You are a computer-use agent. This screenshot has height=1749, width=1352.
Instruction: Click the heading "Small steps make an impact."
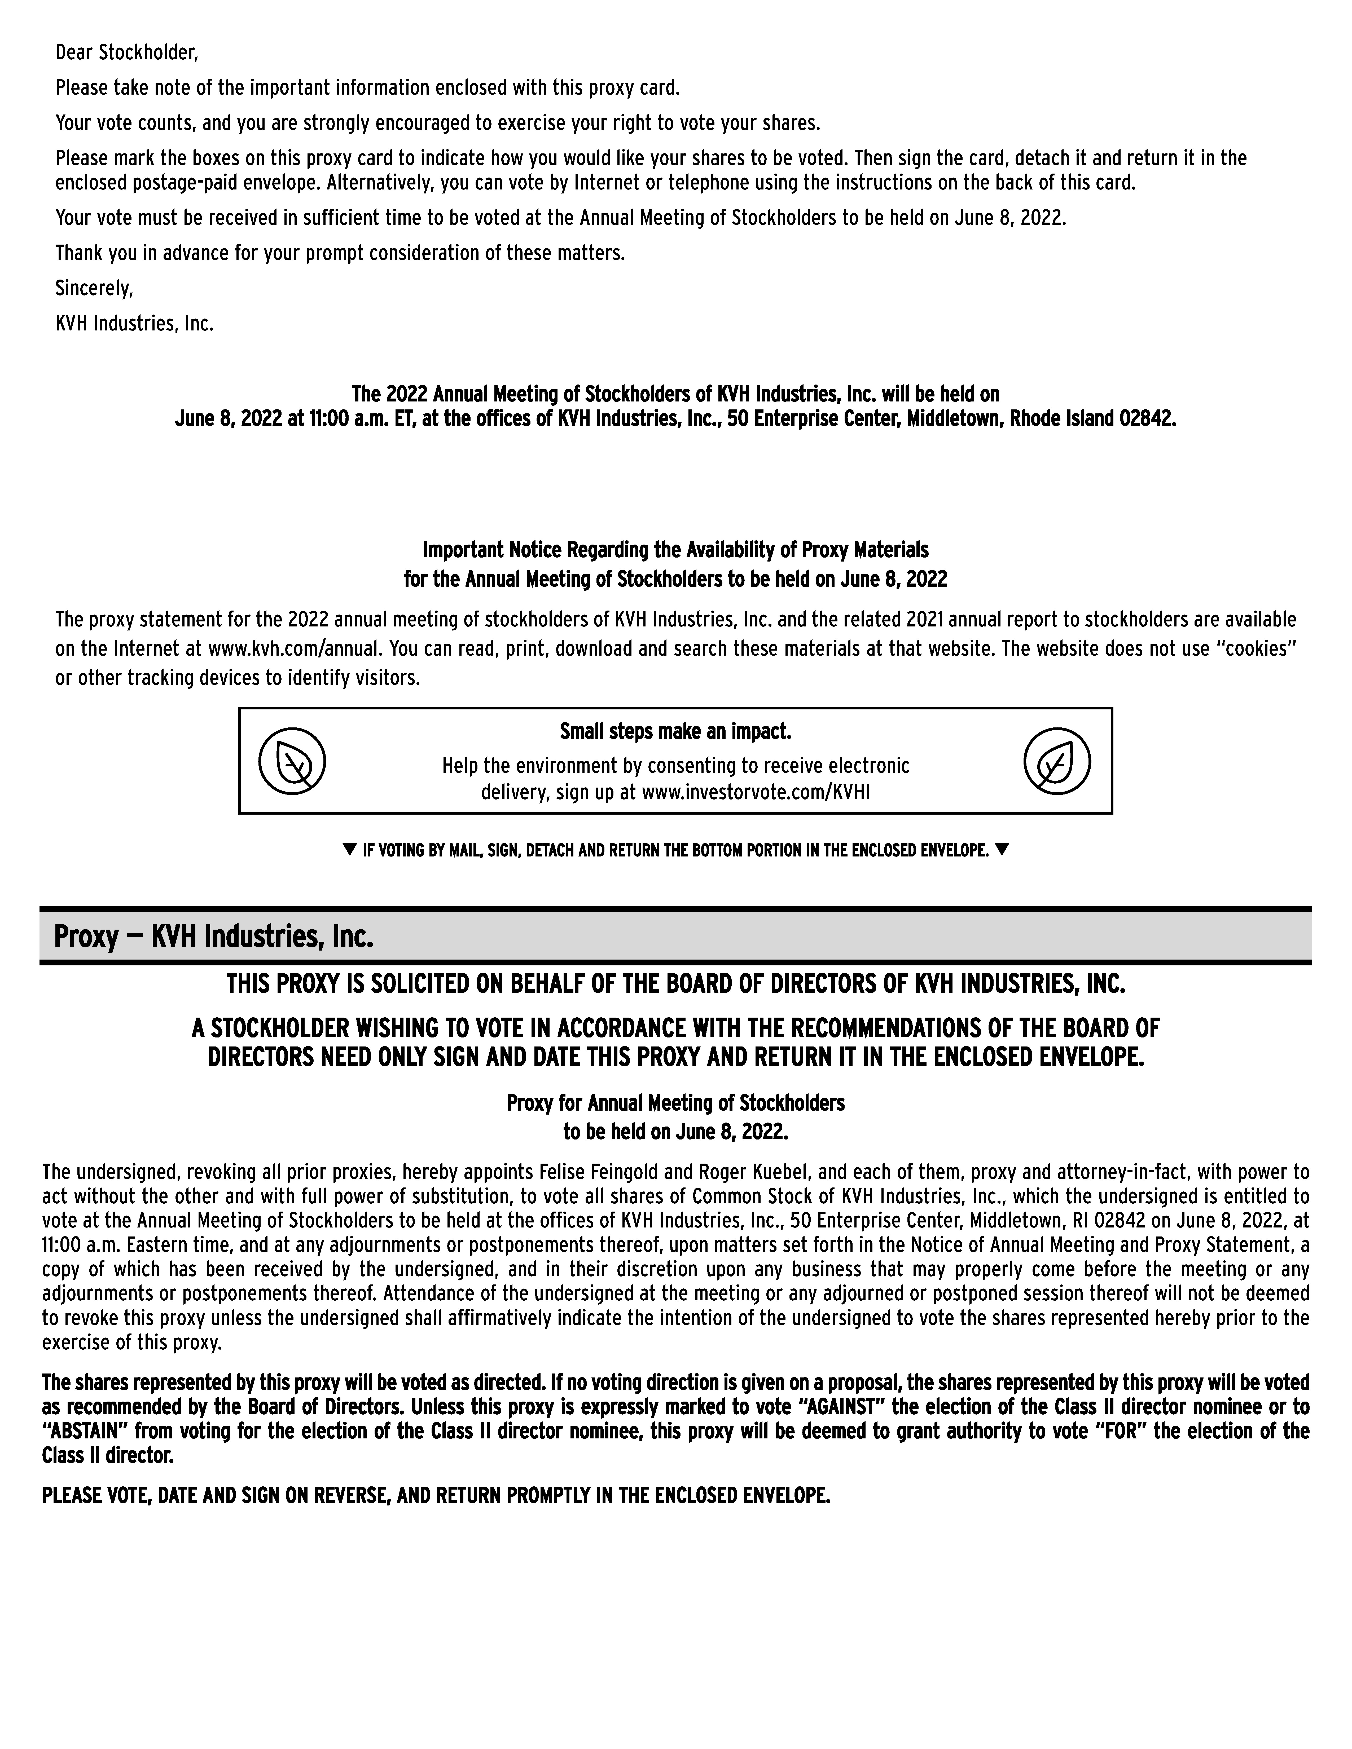pos(675,732)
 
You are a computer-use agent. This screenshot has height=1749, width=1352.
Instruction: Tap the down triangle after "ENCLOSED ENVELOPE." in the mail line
pos(1002,850)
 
